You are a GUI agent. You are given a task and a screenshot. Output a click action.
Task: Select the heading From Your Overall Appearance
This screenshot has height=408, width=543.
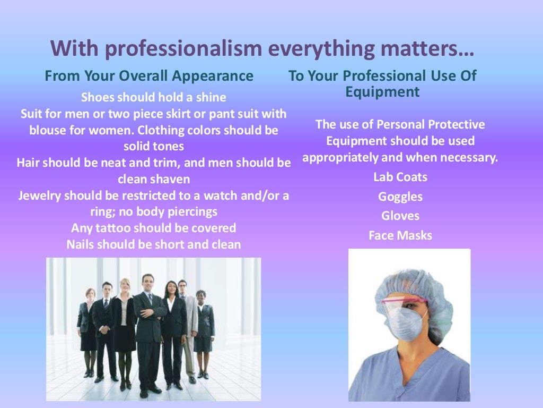tap(149, 76)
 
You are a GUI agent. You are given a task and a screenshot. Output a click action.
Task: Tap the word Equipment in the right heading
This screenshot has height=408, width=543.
tap(382, 92)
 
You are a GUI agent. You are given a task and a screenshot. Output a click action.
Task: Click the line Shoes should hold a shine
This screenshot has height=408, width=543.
tap(154, 98)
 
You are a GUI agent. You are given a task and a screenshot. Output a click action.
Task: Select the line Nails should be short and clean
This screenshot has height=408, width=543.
tap(154, 245)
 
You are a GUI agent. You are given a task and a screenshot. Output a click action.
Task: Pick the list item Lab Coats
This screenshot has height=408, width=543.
tap(400, 177)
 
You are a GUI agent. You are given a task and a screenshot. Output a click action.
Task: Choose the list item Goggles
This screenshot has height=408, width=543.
tap(400, 197)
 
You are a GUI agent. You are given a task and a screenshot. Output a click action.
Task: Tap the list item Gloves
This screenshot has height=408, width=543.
tap(400, 216)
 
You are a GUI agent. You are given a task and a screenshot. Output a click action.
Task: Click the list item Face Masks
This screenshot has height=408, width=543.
tap(400, 235)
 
